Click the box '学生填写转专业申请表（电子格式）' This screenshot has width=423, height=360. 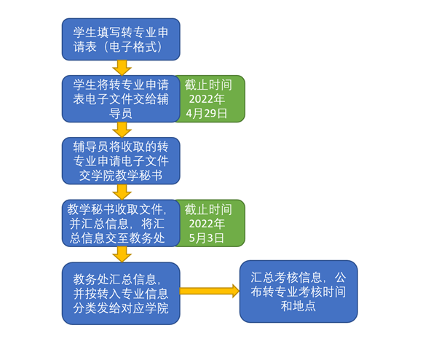point(121,39)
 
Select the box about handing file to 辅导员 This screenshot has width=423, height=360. point(121,99)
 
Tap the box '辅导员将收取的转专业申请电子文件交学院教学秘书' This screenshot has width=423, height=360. point(121,161)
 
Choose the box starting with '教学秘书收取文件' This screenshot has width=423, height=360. point(121,223)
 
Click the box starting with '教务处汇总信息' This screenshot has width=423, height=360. point(121,294)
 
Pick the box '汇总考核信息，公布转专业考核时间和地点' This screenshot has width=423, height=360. point(299,291)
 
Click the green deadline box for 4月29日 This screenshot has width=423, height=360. point(210,99)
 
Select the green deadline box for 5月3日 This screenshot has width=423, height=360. point(210,223)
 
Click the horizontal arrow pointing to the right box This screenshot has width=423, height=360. point(210,291)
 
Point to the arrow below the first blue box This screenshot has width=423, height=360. point(122,68)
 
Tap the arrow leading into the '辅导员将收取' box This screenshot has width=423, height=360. point(122,130)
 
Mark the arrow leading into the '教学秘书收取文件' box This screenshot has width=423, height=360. point(122,192)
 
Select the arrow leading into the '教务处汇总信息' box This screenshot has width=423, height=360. point(122,254)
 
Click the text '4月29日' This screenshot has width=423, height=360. point(207,114)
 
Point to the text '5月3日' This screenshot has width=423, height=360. point(207,238)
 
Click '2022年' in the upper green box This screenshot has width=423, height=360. point(207,99)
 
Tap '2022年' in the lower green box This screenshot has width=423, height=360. point(207,224)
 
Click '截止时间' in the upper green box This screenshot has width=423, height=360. point(208,85)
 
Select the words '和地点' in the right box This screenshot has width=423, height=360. point(299,306)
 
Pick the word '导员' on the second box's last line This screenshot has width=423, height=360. point(121,114)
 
